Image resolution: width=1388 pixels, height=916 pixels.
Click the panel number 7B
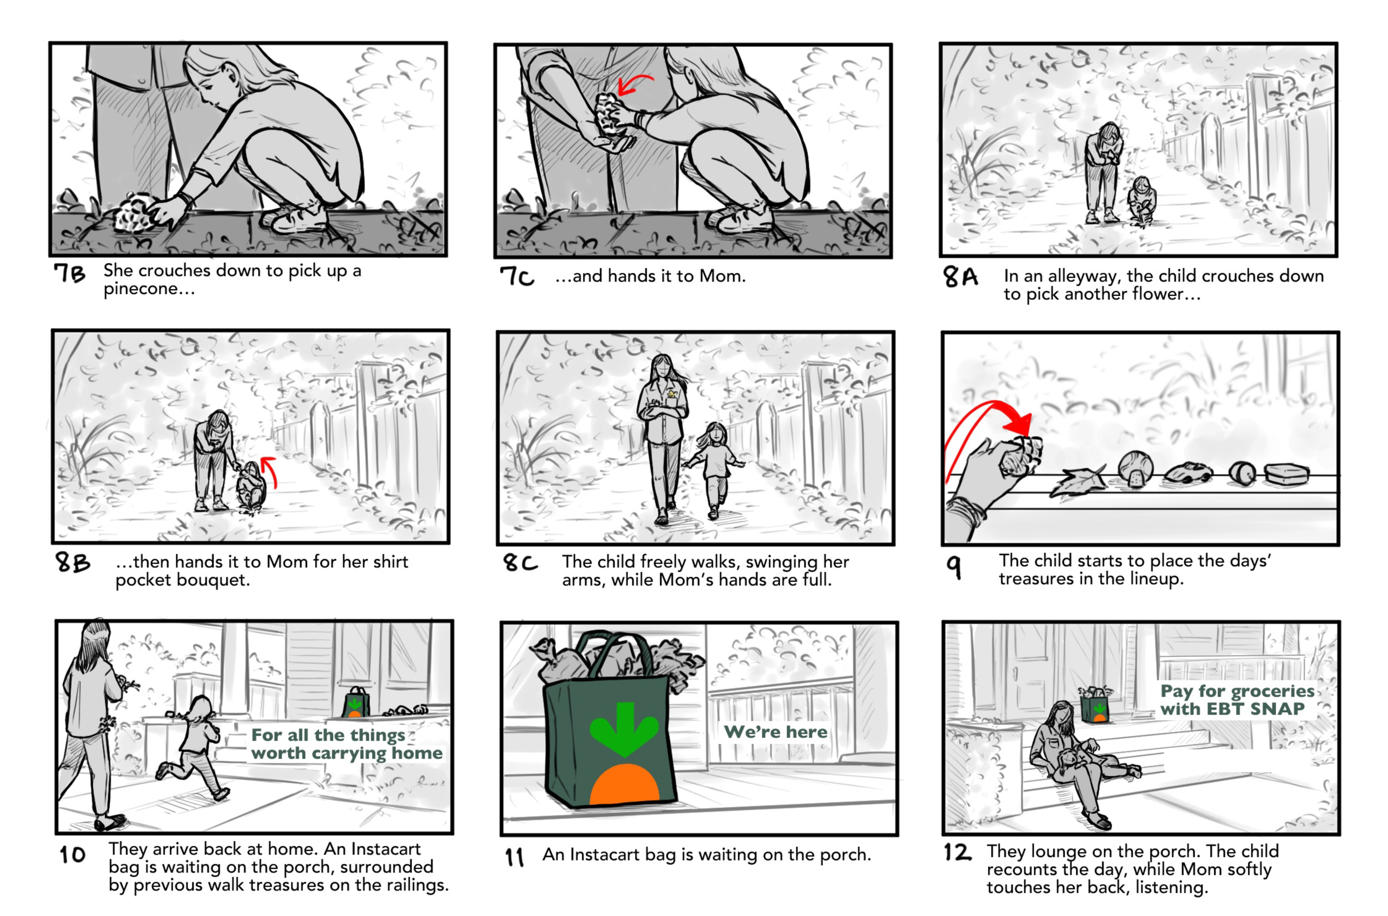tap(69, 273)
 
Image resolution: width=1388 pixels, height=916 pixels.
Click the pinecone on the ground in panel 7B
tap(136, 213)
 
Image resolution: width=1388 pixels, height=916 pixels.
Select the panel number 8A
tap(959, 276)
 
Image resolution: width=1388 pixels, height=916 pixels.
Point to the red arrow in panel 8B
tap(269, 471)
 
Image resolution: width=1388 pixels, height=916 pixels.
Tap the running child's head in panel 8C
tap(715, 434)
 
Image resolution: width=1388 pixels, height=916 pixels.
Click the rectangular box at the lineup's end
tap(1286, 474)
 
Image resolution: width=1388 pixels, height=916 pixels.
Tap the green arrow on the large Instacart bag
tap(624, 728)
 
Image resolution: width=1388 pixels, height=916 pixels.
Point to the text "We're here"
tap(775, 732)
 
